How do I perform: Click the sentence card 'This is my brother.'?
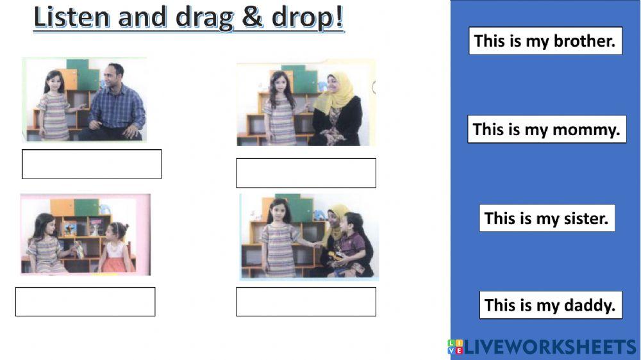pos(545,41)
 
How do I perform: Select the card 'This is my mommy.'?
pos(546,129)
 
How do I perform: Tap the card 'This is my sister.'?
pos(546,218)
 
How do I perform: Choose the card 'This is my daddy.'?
pos(550,305)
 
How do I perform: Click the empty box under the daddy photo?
pos(92,164)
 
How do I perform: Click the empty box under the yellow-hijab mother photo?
pos(306,173)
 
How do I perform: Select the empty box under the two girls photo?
pos(85,301)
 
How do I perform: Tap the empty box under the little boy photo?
pos(306,301)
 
